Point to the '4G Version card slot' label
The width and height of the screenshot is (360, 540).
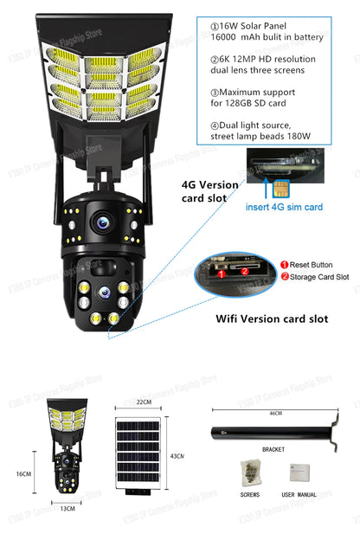click(210, 191)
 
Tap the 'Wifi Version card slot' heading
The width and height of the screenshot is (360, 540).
click(271, 318)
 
